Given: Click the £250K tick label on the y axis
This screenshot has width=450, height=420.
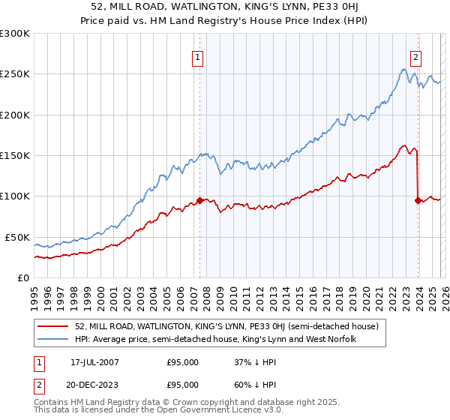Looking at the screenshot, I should pyautogui.click(x=15, y=74).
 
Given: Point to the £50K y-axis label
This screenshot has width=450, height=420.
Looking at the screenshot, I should pyautogui.click(x=17, y=237).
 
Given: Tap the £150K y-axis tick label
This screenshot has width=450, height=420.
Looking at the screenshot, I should pyautogui.click(x=15, y=156).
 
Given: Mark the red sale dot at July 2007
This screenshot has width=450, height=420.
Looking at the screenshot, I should pyautogui.click(x=199, y=200).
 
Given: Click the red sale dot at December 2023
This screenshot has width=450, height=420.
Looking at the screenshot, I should pyautogui.click(x=418, y=200).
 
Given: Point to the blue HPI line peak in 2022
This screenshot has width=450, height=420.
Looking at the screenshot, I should pyautogui.click(x=403, y=70).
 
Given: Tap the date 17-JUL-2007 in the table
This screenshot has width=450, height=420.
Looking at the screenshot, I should pyautogui.click(x=95, y=361).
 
